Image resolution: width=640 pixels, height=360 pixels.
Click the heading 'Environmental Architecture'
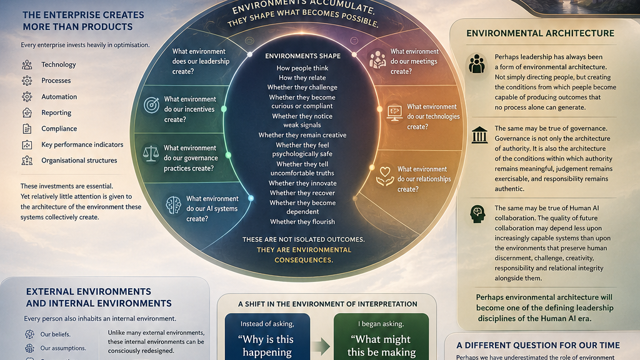click(540, 34)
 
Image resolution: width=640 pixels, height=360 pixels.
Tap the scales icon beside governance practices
click(151, 154)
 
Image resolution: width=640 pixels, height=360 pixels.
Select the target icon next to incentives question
click(151, 105)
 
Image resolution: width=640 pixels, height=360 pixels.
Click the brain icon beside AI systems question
click(174, 205)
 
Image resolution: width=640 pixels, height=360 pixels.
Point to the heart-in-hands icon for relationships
click(385, 176)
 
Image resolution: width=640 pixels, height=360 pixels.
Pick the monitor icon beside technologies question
click(395, 113)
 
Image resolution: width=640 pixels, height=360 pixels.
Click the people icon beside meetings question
click(377, 59)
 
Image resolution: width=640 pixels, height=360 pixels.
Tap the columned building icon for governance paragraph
click(479, 135)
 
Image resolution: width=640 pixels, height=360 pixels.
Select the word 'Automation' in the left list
click(59, 97)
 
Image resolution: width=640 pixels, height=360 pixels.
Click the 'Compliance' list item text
click(59, 129)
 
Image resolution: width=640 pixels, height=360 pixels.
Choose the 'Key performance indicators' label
click(82, 144)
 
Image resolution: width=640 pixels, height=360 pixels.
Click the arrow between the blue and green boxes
click(321, 346)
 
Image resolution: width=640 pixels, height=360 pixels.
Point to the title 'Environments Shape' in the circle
click(302, 56)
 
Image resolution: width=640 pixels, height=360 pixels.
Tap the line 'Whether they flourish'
click(302, 222)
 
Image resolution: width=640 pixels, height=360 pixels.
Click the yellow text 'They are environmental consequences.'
click(304, 255)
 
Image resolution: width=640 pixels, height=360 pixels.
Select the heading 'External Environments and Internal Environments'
click(99, 297)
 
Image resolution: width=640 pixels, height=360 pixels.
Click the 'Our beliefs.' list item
click(56, 334)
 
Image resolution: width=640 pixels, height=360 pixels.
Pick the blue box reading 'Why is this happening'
click(267, 337)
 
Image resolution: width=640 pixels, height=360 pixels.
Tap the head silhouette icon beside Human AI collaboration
click(477, 214)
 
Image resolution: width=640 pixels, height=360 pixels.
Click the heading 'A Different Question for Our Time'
click(538, 345)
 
